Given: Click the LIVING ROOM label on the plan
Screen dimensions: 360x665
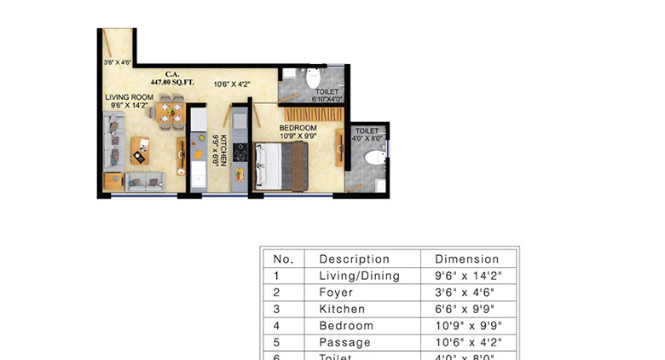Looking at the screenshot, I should pos(129,98).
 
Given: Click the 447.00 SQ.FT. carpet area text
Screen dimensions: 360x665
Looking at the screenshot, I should pos(174,82).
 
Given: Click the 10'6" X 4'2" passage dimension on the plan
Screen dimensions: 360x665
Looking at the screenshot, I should pos(231,84).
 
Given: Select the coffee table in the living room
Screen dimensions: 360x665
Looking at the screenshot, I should pos(138,151).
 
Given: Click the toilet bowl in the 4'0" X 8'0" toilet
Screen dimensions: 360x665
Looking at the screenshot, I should pos(372,158).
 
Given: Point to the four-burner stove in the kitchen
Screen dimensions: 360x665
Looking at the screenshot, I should pos(240,152).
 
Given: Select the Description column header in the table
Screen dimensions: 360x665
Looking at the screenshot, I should pos(354,259).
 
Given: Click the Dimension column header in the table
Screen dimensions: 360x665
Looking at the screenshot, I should pos(466,259).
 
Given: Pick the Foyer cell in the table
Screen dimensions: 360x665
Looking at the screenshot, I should pos(336,293).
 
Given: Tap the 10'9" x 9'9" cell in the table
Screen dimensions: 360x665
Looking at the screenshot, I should pos(466,326).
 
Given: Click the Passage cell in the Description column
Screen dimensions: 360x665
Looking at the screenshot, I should pos(345,342).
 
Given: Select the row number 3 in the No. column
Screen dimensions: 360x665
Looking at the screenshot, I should pos(277,309).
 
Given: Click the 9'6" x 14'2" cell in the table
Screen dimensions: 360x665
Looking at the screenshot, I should pos(466,276).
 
